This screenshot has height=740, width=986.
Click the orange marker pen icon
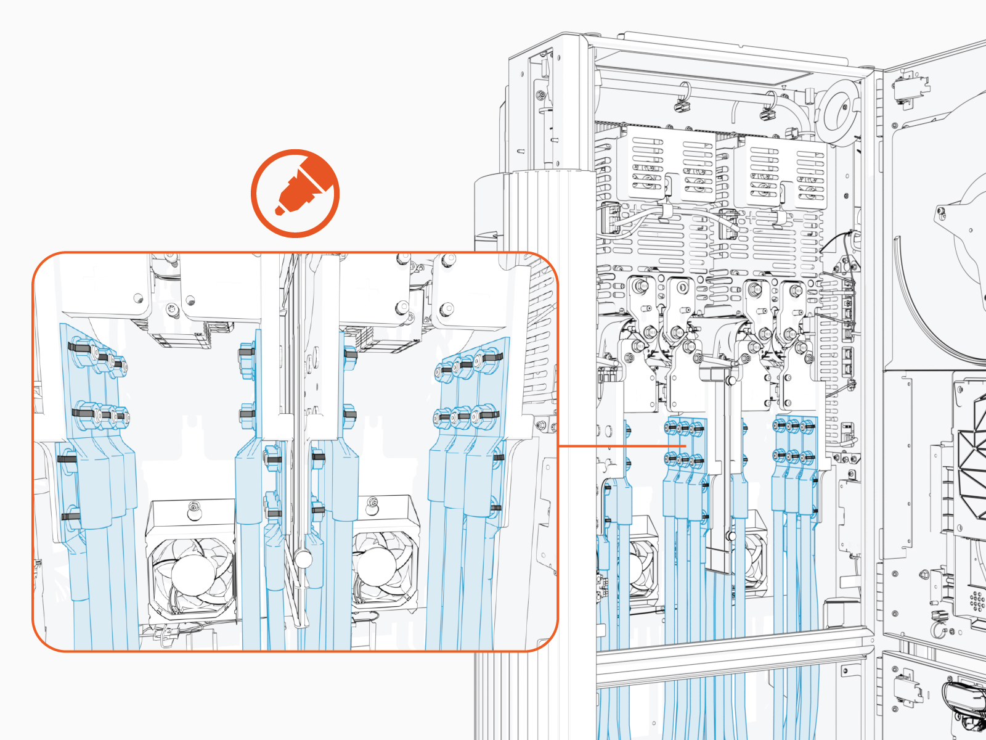296,193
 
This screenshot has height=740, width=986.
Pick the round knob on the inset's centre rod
303,559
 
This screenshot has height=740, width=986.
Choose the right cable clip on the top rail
767,112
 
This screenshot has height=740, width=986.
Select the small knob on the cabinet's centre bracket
730,536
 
